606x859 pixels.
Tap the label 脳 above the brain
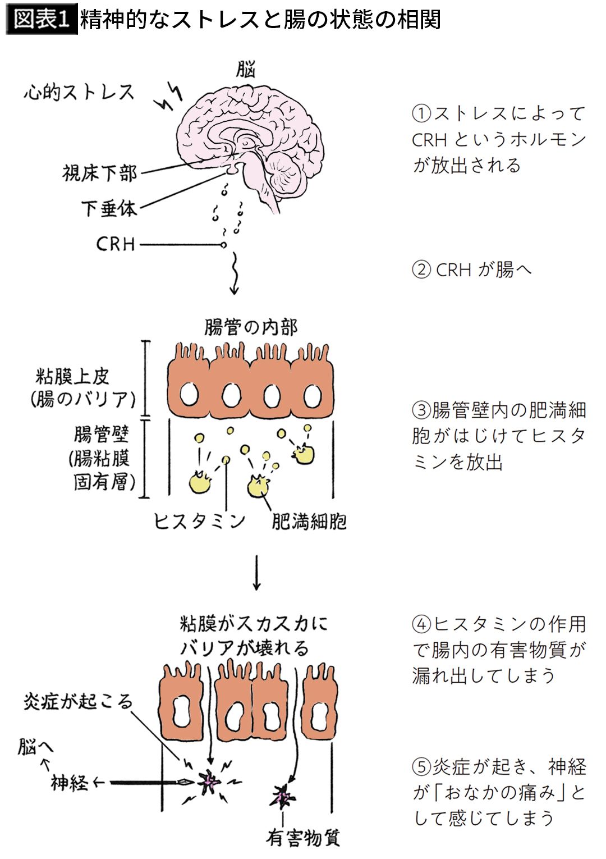point(246,70)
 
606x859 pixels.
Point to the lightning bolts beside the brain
point(169,98)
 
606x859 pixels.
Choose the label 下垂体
point(109,209)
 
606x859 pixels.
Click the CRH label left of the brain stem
point(116,244)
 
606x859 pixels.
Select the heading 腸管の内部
point(251,327)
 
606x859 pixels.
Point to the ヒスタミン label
point(200,522)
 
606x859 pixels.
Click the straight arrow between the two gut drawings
point(256,573)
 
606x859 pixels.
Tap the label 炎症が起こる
point(78,701)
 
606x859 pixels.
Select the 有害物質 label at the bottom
point(303,838)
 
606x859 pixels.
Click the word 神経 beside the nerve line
point(70,782)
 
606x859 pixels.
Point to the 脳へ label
point(36,747)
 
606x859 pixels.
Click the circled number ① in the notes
point(421,114)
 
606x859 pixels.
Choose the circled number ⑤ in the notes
point(421,766)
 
